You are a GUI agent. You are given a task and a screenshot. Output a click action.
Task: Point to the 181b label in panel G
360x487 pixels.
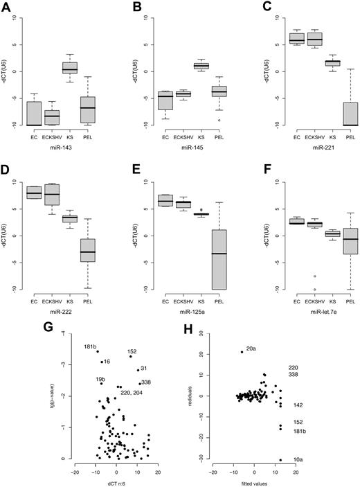pyautogui.click(x=90, y=346)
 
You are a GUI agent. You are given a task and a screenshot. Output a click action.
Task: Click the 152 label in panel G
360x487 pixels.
pyautogui.click(x=132, y=353)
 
